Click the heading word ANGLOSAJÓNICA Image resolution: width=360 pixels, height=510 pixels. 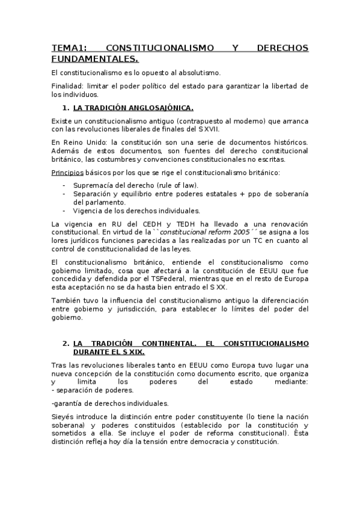click(158, 108)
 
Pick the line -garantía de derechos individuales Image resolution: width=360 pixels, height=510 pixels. click(102, 403)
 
